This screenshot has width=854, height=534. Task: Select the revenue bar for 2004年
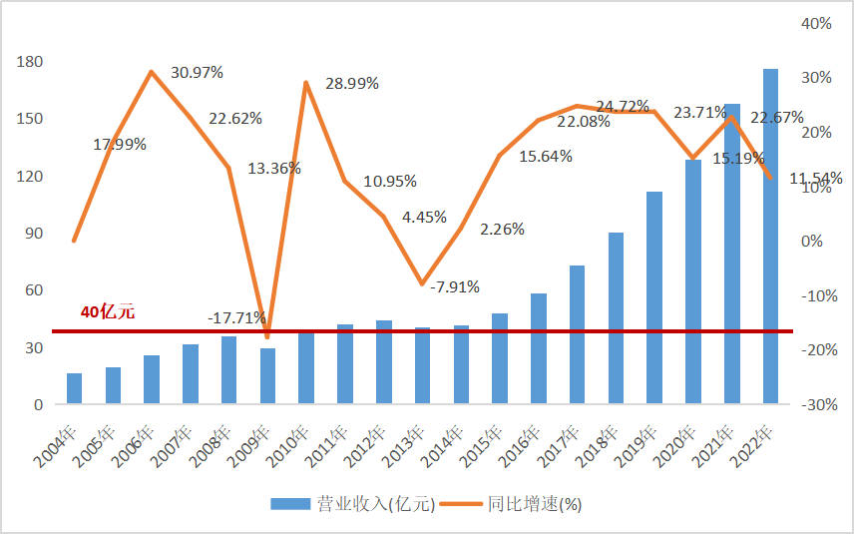[74, 388]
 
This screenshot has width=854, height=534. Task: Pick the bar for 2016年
[539, 348]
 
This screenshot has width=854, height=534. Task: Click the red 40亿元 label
[108, 311]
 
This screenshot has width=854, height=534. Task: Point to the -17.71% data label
[236, 318]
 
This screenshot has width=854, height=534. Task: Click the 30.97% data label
[197, 73]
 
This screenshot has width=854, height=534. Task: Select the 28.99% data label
[352, 84]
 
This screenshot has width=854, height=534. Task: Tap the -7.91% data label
[454, 287]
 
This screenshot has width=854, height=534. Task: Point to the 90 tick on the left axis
[34, 234]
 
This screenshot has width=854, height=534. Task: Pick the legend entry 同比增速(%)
[534, 504]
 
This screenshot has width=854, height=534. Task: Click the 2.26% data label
[503, 229]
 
